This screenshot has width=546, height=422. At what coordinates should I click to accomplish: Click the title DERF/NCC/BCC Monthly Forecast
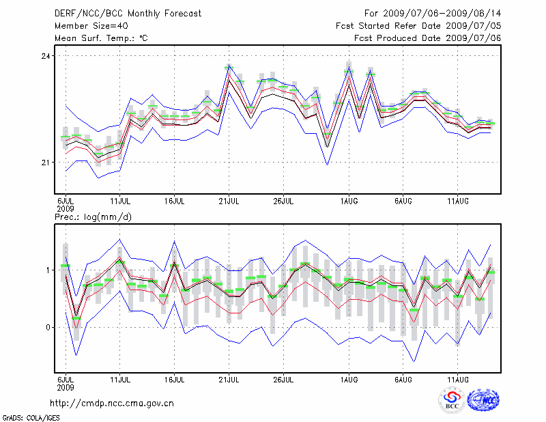(x=128, y=13)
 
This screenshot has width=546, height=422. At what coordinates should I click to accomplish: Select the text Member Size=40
(x=89, y=25)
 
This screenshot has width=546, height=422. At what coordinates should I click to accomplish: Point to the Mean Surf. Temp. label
(x=101, y=38)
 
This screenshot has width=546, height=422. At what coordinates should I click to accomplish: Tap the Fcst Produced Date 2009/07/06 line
(x=428, y=38)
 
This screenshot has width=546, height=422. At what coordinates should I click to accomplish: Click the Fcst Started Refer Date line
(x=419, y=25)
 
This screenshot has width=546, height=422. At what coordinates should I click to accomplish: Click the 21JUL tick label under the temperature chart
(x=229, y=201)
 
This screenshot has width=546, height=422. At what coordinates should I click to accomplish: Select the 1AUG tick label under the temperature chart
(x=349, y=201)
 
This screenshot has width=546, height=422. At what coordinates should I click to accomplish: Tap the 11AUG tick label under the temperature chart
(x=457, y=201)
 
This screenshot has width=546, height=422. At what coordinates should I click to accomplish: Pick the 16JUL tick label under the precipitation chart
(x=175, y=378)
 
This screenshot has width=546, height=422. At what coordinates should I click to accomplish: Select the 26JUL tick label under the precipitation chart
(x=283, y=378)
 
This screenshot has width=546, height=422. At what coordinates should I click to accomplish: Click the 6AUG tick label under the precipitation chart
(x=403, y=378)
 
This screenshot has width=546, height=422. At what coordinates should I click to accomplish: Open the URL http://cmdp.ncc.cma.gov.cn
(x=112, y=403)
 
